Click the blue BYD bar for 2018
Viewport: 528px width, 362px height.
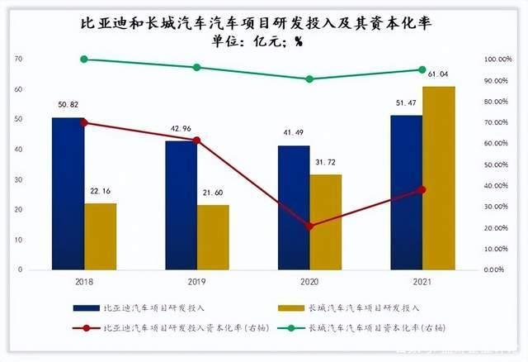point(68,193)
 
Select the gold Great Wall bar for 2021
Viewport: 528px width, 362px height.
point(438,178)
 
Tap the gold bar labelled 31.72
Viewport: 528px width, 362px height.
point(325,221)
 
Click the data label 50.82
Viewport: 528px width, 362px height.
point(66,106)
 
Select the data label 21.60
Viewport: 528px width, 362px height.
point(212,193)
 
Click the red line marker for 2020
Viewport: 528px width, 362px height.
point(309,226)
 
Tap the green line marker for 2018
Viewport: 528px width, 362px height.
point(83,60)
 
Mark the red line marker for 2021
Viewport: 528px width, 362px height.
point(422,189)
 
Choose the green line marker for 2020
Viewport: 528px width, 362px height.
point(309,79)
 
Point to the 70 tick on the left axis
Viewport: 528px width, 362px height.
point(17,60)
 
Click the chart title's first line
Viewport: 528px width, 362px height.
point(264,25)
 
